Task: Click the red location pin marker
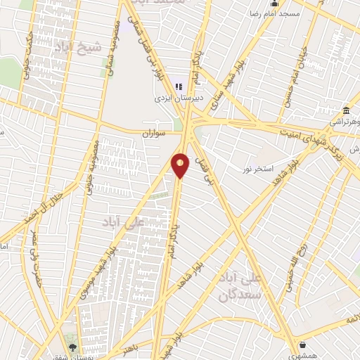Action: (x=180, y=165)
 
